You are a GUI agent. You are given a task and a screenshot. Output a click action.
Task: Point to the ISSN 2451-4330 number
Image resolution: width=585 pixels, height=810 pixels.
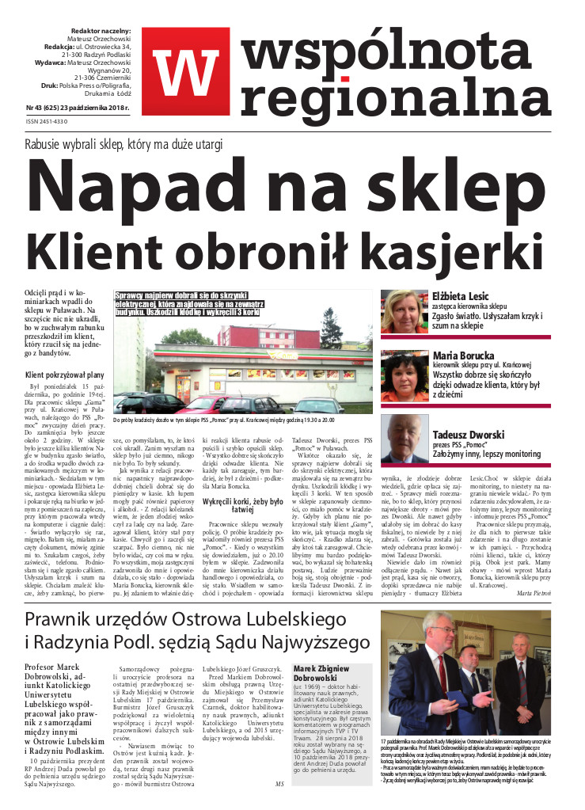(x=47, y=121)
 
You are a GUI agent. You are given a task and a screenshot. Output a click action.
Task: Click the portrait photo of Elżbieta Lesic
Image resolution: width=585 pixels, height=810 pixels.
(x=404, y=311)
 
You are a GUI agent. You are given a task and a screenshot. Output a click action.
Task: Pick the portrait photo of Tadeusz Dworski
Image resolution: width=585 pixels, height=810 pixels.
(x=404, y=438)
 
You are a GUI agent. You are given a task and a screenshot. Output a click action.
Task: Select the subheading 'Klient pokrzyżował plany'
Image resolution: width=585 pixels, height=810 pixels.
(x=65, y=375)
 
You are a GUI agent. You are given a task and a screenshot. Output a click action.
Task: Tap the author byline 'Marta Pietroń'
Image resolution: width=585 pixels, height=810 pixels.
(x=534, y=614)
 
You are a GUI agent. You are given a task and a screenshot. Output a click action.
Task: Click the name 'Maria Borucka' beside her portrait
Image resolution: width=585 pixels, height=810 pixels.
(x=464, y=356)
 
